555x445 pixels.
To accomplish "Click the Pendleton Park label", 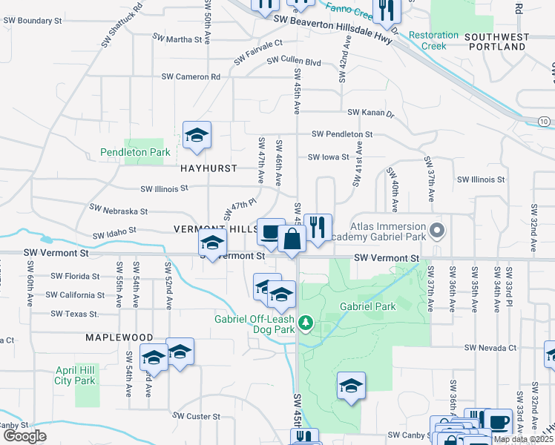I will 135,153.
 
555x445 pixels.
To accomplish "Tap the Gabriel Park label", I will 367,306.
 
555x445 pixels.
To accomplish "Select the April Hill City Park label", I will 75,375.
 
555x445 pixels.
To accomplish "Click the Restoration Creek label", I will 434,40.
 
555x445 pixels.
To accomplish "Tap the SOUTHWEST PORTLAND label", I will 508,42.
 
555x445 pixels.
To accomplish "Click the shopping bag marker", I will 292,240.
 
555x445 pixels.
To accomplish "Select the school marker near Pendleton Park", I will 197,136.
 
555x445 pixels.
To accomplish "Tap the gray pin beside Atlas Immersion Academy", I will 437,229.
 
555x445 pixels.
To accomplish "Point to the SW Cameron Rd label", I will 191,76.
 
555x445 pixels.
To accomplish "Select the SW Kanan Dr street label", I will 370,112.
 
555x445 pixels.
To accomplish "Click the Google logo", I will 24,435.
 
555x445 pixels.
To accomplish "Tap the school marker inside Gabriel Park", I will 351,386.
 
